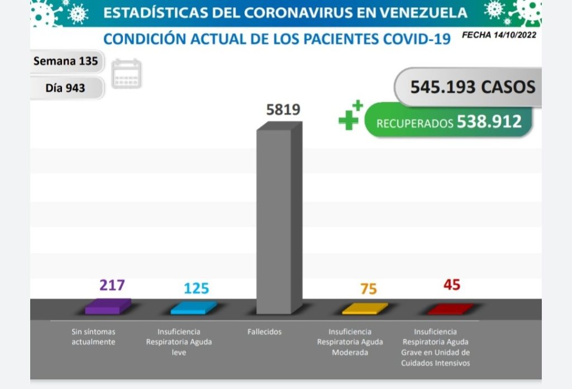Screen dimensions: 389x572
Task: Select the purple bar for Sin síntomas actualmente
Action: (107, 307)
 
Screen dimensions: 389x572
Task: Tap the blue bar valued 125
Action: (193, 307)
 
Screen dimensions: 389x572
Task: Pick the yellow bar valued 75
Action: (364, 308)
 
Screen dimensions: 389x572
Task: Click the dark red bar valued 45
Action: (450, 309)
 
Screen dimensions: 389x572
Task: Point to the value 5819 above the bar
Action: (283, 110)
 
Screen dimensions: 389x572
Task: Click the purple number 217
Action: (112, 285)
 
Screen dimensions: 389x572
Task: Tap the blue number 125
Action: (196, 288)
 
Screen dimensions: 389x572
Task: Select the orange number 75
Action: (369, 289)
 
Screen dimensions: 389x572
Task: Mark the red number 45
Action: (451, 285)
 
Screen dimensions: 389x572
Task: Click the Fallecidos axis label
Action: (264, 332)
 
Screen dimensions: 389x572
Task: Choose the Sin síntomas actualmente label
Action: (93, 336)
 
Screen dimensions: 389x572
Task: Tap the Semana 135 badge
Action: (65, 61)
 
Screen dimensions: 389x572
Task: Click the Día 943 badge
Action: (65, 88)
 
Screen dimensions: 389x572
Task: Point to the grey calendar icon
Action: (127, 74)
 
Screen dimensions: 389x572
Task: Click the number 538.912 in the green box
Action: (489, 121)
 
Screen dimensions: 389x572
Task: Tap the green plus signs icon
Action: (351, 116)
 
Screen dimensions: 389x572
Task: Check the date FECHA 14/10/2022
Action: (499, 35)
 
